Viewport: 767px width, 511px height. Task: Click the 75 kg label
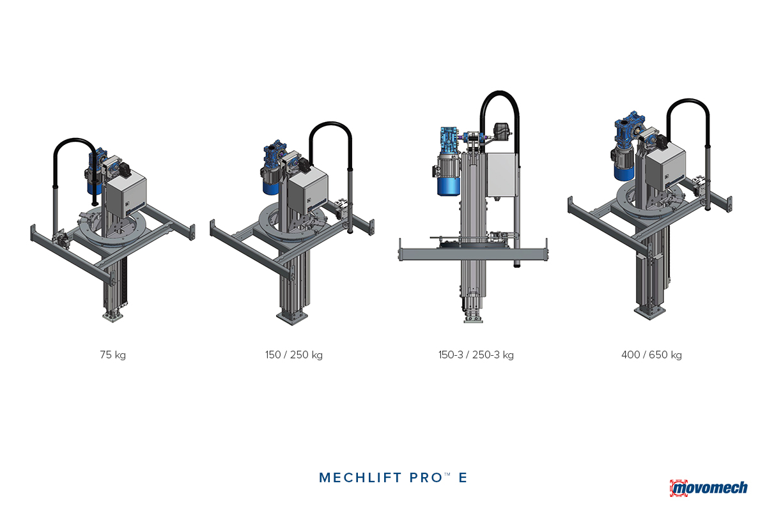pos(112,355)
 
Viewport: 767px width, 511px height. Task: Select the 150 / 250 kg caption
pos(293,355)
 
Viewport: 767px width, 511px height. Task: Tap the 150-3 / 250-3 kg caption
pos(472,355)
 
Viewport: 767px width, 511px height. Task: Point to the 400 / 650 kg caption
pos(651,355)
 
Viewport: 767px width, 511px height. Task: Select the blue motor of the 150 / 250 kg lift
pos(272,179)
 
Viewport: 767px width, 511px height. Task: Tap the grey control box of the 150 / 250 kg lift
pos(304,192)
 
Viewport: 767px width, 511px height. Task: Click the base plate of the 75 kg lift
pos(112,316)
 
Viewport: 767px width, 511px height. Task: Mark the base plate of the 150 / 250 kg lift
pos(293,317)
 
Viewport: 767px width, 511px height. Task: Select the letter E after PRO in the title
pos(463,478)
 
